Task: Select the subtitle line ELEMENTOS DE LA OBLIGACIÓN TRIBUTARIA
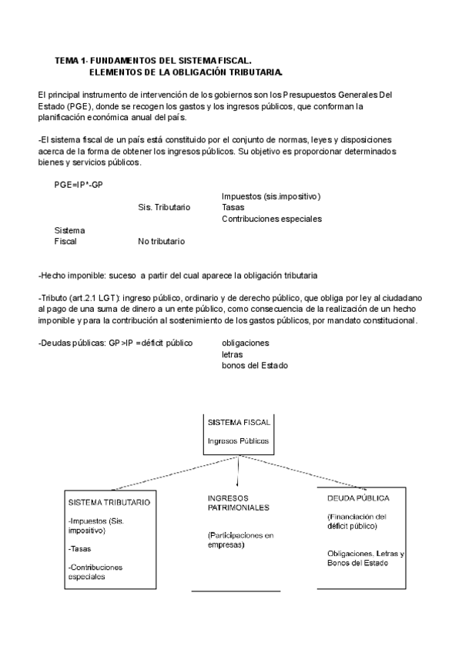click(186, 72)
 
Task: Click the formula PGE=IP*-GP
click(79, 185)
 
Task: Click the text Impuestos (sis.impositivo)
click(271, 196)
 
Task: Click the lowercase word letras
click(233, 354)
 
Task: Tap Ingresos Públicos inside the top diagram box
click(238, 441)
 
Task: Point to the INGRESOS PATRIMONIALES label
click(238, 503)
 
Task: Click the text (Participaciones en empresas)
click(240, 539)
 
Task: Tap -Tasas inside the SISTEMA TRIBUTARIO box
click(80, 549)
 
